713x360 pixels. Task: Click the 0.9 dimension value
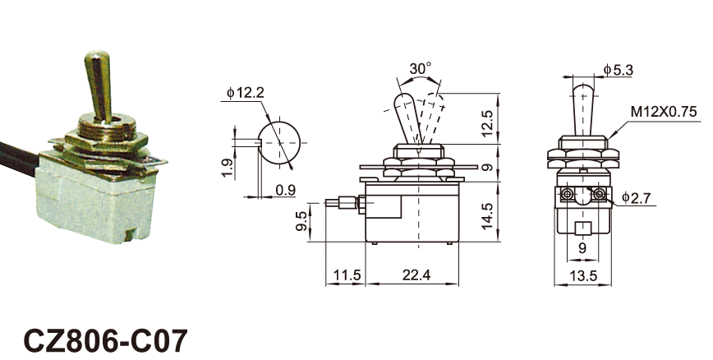285,191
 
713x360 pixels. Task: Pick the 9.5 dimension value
301,222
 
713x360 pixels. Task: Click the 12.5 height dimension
487,122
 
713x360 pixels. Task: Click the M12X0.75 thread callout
664,111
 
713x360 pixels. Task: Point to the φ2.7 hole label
637,197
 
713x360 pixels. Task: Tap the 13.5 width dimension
583,275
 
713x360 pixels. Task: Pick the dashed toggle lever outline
433,115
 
